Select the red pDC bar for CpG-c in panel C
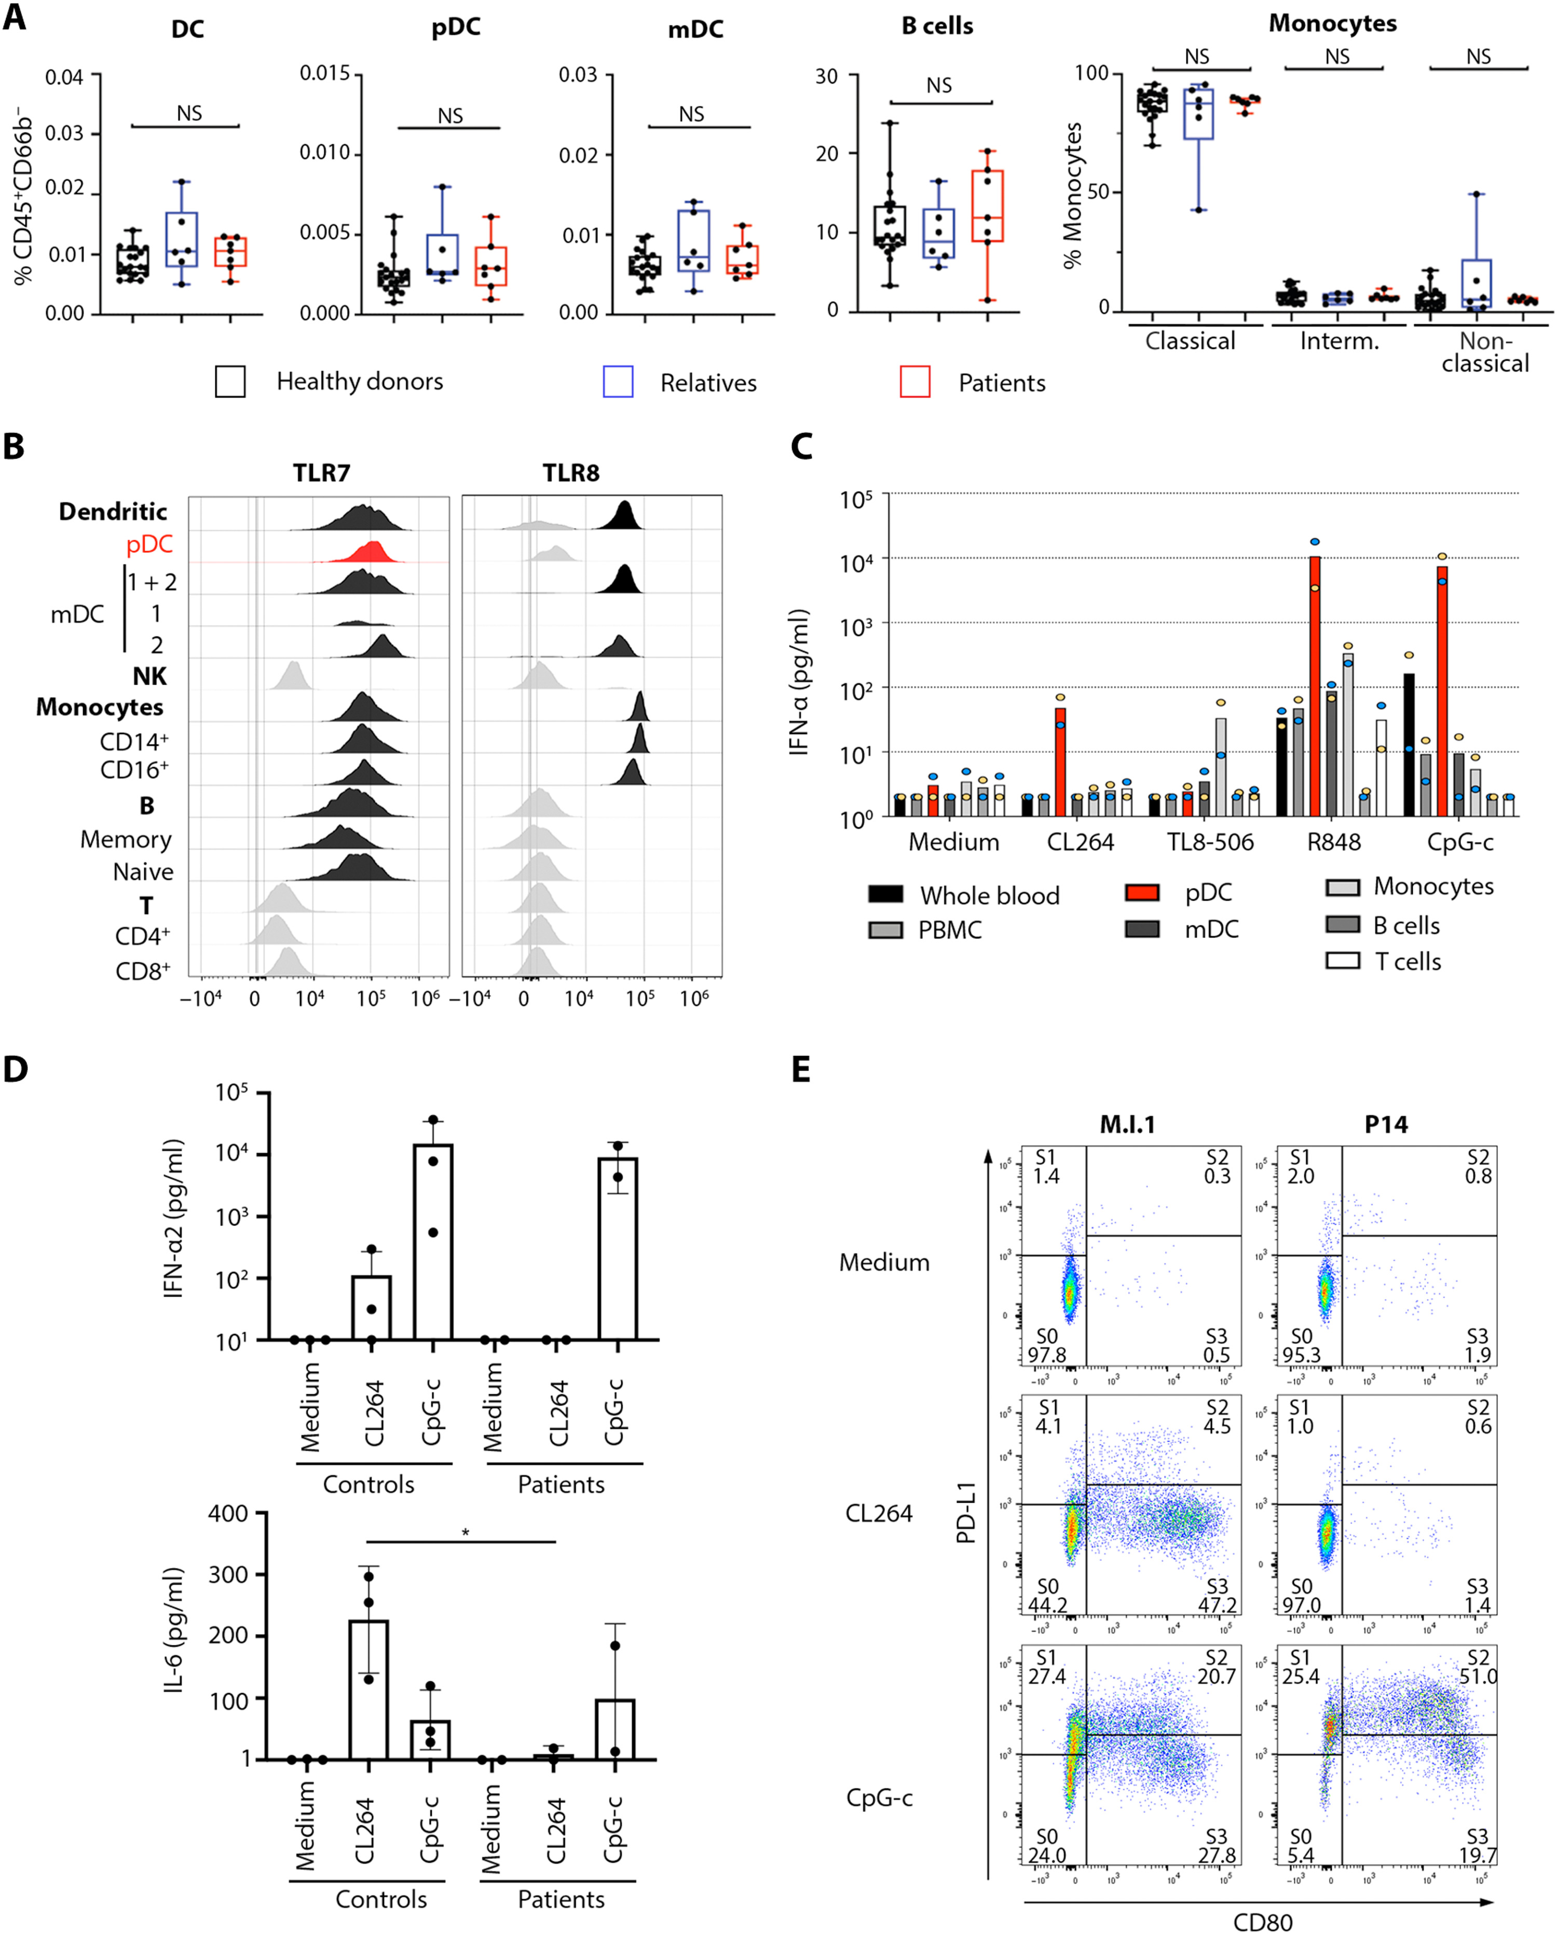1442,691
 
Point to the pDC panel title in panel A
456,27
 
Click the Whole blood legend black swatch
886,893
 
